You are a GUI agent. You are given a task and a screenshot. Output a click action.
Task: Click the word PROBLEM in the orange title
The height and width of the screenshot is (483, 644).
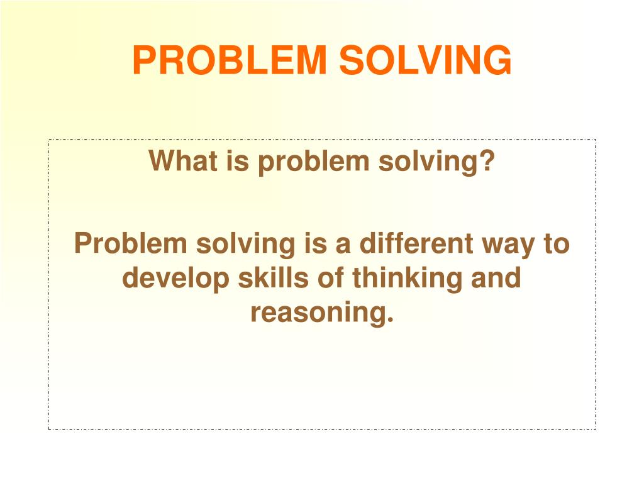230,60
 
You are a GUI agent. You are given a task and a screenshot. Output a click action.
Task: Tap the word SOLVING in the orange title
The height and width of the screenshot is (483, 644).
426,60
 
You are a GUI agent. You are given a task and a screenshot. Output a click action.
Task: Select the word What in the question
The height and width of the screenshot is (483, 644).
183,160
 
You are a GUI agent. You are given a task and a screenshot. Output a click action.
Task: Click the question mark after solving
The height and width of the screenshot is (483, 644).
487,160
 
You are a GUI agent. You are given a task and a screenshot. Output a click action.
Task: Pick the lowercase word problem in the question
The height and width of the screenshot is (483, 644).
314,162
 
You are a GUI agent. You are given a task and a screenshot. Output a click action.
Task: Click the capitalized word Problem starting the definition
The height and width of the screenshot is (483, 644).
131,243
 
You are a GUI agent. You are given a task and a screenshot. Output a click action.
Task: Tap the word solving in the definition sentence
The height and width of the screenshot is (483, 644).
246,245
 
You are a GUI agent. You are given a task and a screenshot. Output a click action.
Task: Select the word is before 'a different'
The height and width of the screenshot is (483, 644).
316,243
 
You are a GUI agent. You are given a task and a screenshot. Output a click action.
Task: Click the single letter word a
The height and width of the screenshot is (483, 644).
343,246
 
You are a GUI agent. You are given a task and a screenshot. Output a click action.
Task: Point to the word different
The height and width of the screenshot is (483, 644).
416,243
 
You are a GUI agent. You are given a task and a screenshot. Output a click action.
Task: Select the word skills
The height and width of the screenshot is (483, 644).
274,277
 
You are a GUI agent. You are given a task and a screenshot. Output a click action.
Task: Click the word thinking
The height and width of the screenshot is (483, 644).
408,279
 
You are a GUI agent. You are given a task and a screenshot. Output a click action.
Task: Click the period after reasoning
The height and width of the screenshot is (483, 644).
389,320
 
